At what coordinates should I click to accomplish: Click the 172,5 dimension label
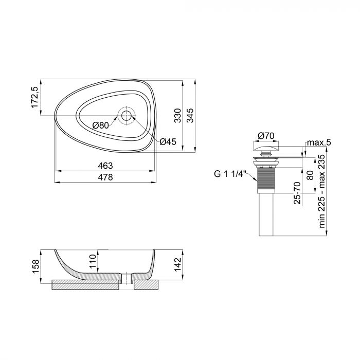point(35,98)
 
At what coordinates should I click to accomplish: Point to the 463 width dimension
point(105,166)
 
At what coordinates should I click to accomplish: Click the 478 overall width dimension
point(105,177)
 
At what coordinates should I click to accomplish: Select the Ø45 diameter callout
point(168,142)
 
